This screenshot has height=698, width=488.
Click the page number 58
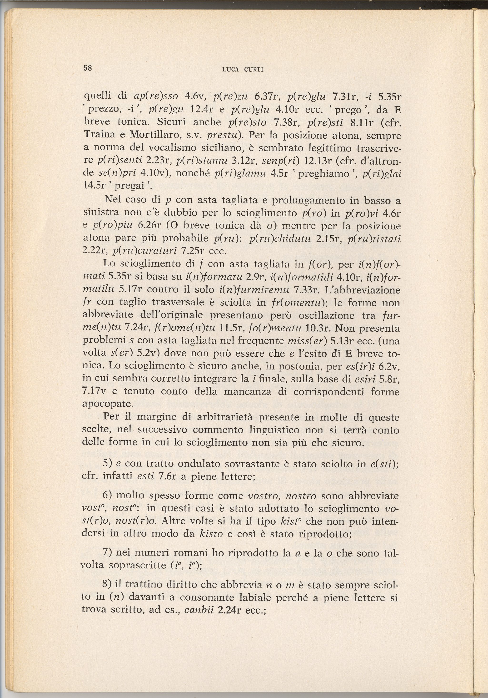tap(88, 68)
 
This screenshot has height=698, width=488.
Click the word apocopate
tap(103, 404)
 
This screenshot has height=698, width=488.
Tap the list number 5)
tap(108, 464)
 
